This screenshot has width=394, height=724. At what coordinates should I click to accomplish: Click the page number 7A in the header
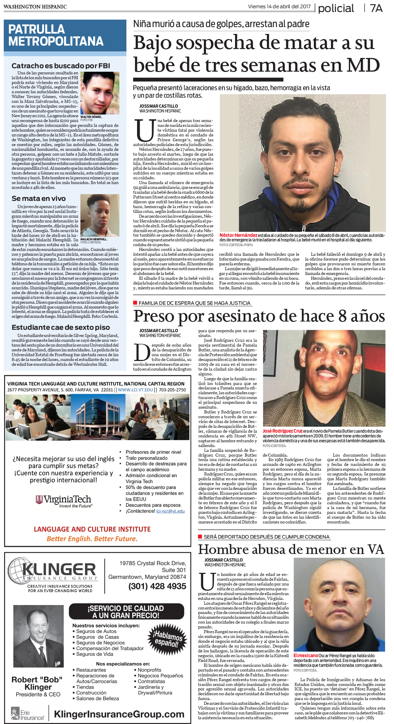click(376, 8)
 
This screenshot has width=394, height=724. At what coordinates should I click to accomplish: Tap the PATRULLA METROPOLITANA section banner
click(65, 35)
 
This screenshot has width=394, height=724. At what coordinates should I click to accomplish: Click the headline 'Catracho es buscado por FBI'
click(61, 65)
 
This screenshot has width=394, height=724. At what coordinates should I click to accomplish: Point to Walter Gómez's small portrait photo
click(100, 93)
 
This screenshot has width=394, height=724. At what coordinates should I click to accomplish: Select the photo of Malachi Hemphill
click(100, 215)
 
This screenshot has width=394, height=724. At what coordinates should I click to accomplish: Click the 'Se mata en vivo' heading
click(38, 198)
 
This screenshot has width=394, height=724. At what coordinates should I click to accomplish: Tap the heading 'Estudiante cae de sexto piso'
click(61, 327)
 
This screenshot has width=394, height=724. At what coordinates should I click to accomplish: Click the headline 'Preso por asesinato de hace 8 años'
click(259, 316)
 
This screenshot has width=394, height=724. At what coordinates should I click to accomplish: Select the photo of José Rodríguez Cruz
click(324, 378)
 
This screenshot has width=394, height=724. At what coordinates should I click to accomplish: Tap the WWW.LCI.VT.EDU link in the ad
click(135, 390)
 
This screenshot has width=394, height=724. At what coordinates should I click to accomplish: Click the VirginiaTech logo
click(64, 500)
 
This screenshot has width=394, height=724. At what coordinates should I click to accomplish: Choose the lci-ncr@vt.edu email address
click(170, 511)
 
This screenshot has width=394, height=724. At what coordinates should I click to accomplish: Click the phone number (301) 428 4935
click(157, 586)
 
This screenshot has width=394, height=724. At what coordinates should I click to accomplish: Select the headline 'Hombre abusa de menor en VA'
click(291, 550)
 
